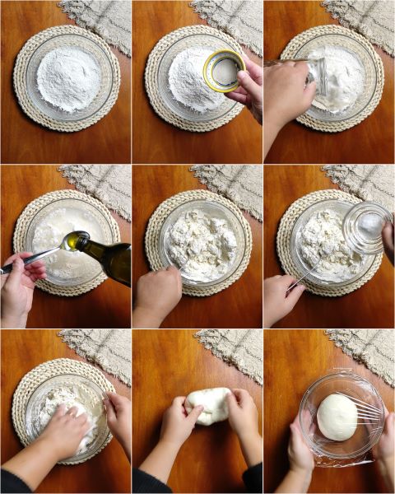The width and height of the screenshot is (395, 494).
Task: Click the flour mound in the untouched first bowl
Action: [67, 79]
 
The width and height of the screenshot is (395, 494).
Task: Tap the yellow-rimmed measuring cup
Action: [223, 71]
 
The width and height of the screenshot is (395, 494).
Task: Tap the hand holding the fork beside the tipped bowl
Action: [280, 298]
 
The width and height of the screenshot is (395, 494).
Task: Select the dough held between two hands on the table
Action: [209, 405]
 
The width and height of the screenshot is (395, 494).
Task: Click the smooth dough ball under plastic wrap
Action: [337, 416]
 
